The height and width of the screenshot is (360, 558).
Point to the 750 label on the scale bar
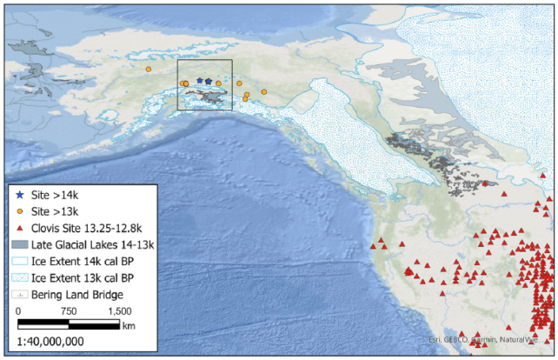click(70, 310)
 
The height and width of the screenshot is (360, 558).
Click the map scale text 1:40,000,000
click(51, 341)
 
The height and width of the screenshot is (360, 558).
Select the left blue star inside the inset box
click(199, 81)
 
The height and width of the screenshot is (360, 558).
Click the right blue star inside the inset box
click(209, 81)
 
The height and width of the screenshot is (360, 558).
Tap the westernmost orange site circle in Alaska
click(149, 69)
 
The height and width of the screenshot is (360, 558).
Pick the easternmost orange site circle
click(264, 91)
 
